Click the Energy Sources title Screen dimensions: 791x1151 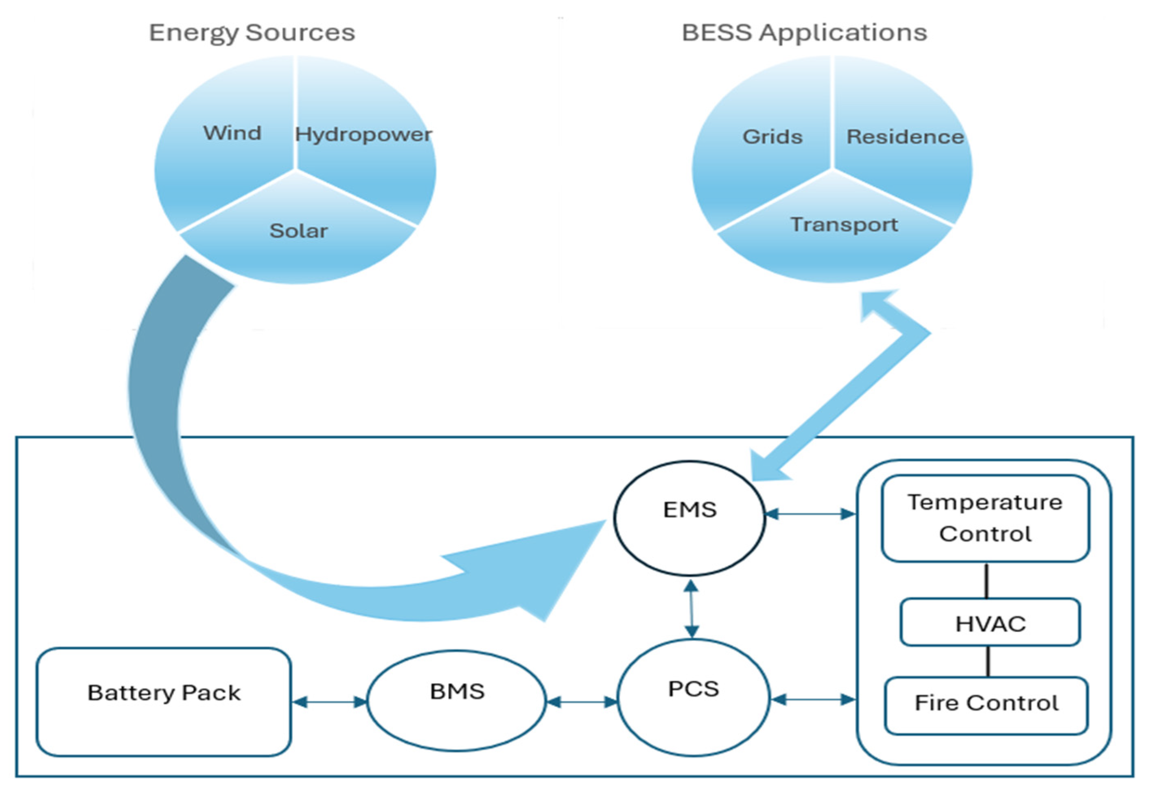pyautogui.click(x=252, y=33)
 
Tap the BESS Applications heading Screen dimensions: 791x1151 pyautogui.click(x=804, y=33)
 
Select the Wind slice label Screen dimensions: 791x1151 pyautogui.click(x=232, y=133)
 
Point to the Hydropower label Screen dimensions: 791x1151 pyautogui.click(x=363, y=134)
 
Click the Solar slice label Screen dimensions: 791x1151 pyautogui.click(x=299, y=231)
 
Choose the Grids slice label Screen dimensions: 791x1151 pyautogui.click(x=772, y=136)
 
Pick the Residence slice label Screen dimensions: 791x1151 pyautogui.click(x=905, y=136)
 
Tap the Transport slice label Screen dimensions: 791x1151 pyautogui.click(x=844, y=224)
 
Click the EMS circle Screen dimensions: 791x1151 pyautogui.click(x=689, y=519)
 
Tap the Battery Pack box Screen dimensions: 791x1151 pyautogui.click(x=164, y=702)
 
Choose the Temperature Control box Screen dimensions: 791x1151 pyautogui.click(x=985, y=519)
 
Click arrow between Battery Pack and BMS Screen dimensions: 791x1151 pyautogui.click(x=329, y=702)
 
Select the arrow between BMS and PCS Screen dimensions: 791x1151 pyautogui.click(x=582, y=702)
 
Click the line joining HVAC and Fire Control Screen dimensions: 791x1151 pyautogui.click(x=989, y=661)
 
